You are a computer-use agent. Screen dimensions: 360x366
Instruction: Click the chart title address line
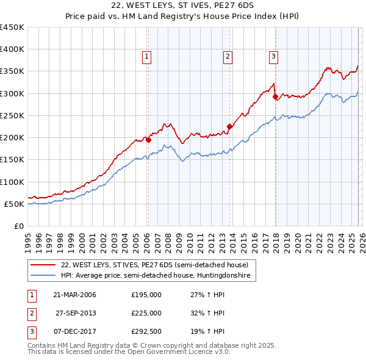pos(182,5)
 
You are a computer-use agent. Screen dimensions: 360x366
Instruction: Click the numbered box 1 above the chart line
pos(148,57)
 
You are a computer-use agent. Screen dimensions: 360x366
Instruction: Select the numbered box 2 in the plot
pos(228,57)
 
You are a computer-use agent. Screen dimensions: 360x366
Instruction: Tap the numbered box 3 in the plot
pos(273,57)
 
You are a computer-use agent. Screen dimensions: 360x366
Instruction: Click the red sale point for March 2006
pos(148,140)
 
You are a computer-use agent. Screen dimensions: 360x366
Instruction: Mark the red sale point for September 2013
pos(230,127)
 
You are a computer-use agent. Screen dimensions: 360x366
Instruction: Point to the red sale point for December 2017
pos(275,96)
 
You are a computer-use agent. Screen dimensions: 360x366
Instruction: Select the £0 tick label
pos(18,226)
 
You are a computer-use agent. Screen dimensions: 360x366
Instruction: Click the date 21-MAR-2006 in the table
pos(74,295)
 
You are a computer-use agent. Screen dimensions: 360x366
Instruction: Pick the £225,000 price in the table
pos(146,313)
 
